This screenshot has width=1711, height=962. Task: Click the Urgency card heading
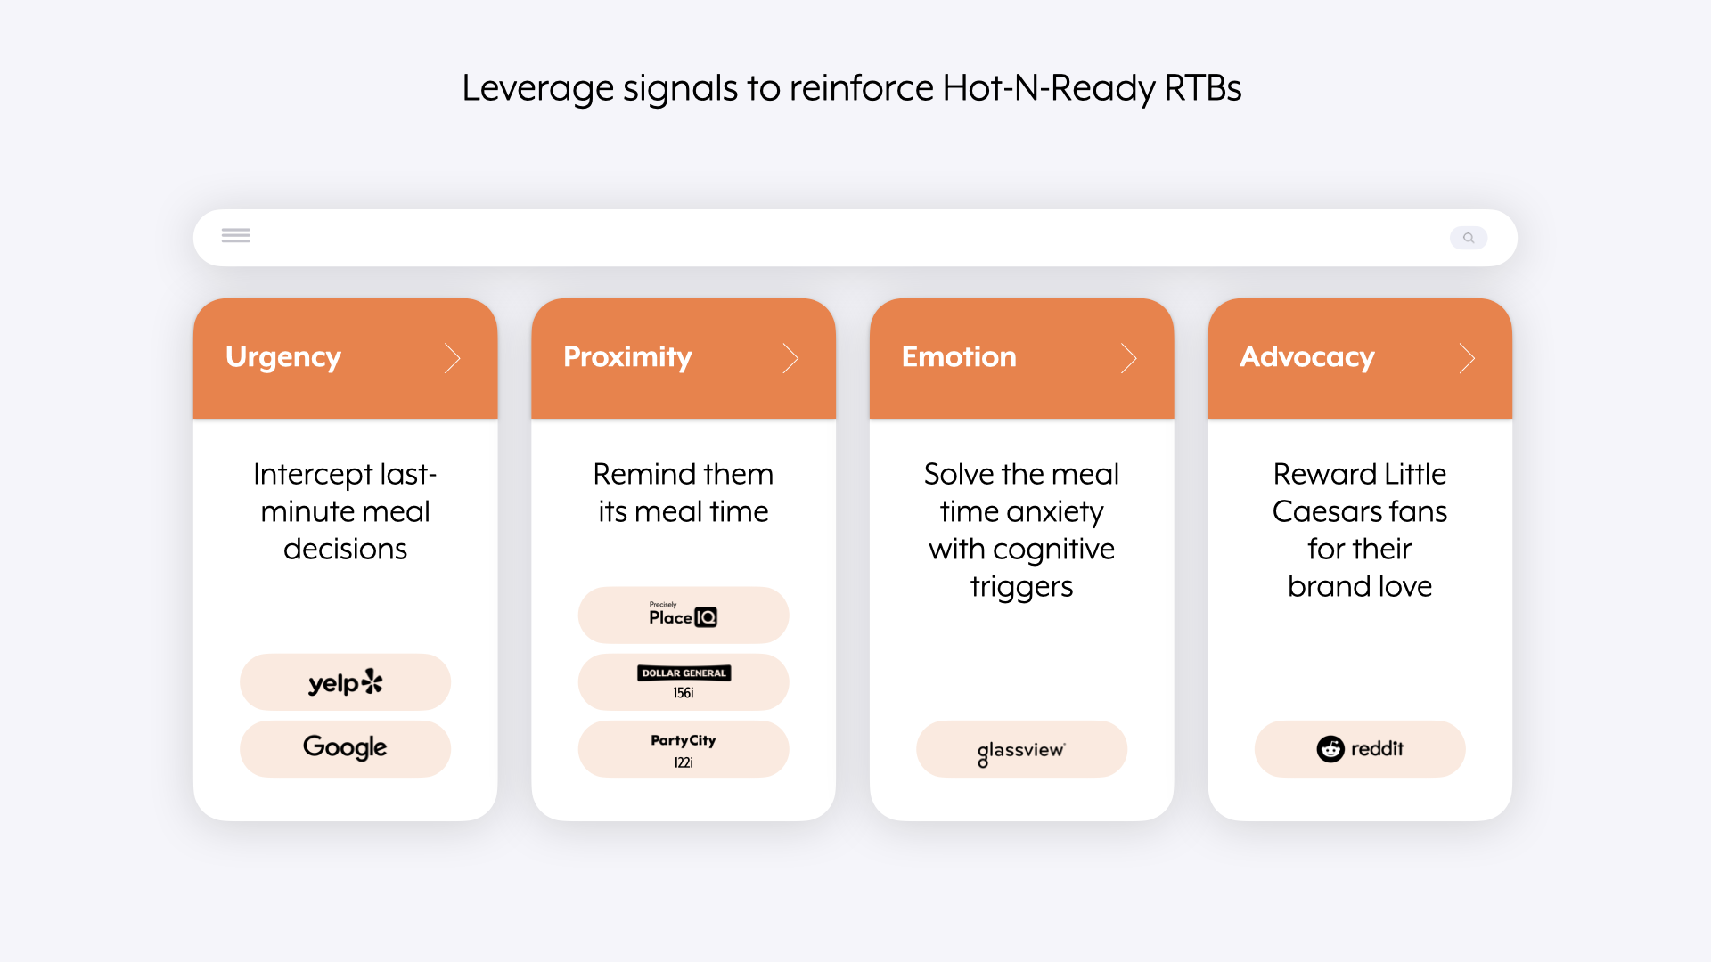click(283, 357)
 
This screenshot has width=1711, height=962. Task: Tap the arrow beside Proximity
click(790, 358)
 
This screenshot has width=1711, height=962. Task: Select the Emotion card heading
click(959, 356)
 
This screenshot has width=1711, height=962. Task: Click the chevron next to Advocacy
click(1467, 358)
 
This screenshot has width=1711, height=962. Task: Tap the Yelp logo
click(345, 682)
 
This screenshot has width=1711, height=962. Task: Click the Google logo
click(345, 747)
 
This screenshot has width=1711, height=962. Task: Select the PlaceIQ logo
click(683, 615)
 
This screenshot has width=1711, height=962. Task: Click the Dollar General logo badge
click(684, 673)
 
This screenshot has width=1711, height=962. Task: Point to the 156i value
click(684, 693)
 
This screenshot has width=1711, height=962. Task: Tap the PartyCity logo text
click(684, 740)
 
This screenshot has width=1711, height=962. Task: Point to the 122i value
click(684, 762)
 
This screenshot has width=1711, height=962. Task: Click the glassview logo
click(1021, 752)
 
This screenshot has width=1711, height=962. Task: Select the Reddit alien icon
click(1330, 749)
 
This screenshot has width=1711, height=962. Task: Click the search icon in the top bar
click(1469, 238)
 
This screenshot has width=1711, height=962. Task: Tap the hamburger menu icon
click(236, 235)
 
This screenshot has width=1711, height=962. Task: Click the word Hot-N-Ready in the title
click(1049, 88)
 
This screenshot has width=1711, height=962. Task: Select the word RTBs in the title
click(1203, 88)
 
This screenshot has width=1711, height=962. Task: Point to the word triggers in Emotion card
click(1021, 588)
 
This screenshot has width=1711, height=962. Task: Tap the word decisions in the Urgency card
click(345, 549)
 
